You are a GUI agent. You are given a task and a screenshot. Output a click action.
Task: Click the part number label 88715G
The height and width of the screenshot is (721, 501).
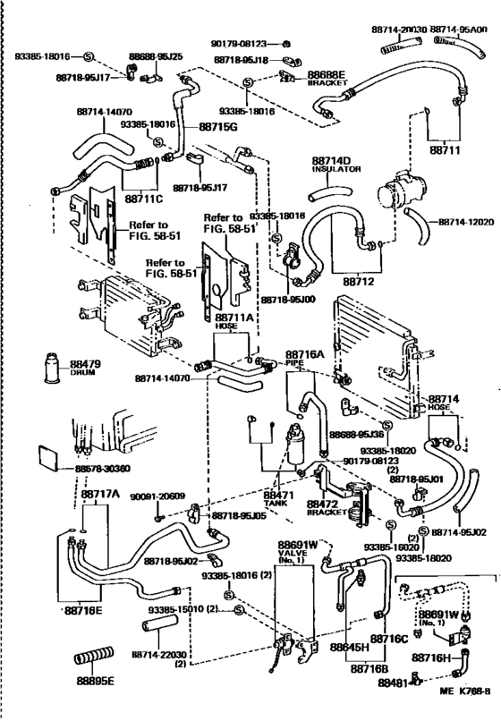(x=217, y=128)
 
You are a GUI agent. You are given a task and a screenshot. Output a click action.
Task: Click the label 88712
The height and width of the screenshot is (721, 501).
(x=355, y=282)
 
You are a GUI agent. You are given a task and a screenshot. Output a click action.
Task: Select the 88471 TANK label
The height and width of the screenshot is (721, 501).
(x=278, y=497)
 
